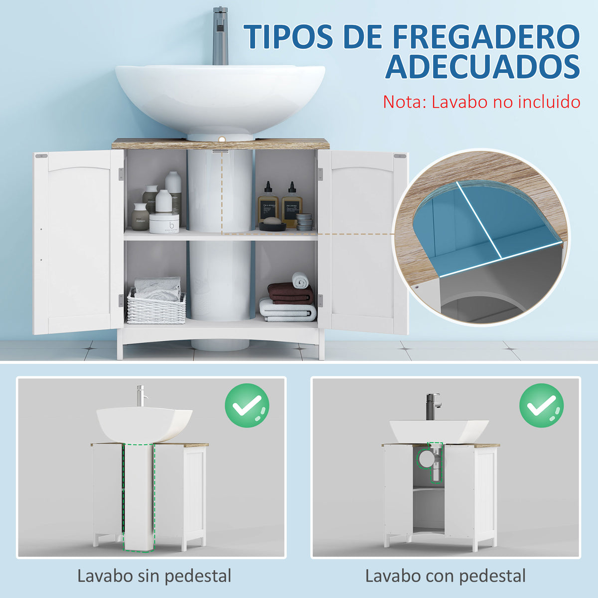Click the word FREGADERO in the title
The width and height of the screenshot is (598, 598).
tap(486, 36)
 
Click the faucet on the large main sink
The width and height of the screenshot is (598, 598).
tap(220, 35)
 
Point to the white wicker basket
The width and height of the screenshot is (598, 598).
tap(156, 307)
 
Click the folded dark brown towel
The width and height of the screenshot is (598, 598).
tap(291, 294)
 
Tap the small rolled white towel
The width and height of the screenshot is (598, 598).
tap(300, 280)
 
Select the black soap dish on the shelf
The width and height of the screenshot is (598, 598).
tap(273, 226)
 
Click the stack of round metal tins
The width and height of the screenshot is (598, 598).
tap(304, 222)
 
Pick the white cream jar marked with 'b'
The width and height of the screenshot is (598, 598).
tap(164, 223)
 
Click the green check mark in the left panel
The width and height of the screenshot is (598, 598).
tap(247, 406)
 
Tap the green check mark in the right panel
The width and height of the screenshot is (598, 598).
tap(542, 406)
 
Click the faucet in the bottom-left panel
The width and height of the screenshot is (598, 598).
tap(141, 396)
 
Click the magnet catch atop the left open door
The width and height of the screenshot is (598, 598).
tap(41, 156)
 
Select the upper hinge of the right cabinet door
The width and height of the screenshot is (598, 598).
tap(320, 174)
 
